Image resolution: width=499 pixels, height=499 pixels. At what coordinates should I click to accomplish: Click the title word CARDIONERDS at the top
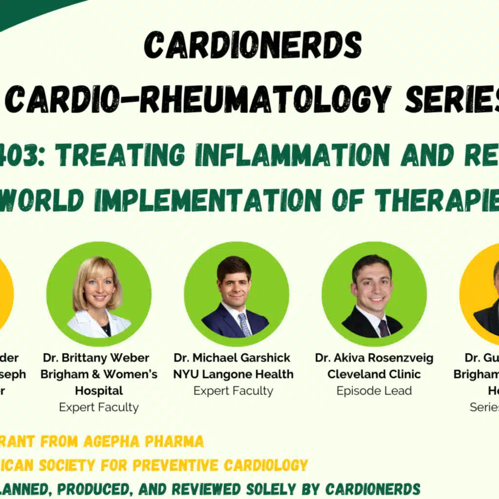(x=252, y=47)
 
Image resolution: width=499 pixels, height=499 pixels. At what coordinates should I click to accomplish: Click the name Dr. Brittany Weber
(x=96, y=358)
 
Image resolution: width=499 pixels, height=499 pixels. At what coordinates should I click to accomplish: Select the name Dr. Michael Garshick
(x=232, y=358)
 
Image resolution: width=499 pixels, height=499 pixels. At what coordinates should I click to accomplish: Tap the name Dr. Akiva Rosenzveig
(x=374, y=358)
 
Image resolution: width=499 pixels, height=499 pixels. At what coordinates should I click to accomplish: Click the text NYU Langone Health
(x=233, y=375)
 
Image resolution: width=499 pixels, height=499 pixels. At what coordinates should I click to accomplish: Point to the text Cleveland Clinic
(x=374, y=375)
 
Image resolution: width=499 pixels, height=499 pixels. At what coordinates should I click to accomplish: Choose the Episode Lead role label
(x=374, y=391)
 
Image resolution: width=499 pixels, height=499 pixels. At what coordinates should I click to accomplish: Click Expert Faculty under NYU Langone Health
(x=233, y=391)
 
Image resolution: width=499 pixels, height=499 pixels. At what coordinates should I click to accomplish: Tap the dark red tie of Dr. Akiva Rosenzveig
(x=384, y=327)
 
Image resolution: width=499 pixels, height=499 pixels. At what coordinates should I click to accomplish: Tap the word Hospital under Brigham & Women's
(x=99, y=391)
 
